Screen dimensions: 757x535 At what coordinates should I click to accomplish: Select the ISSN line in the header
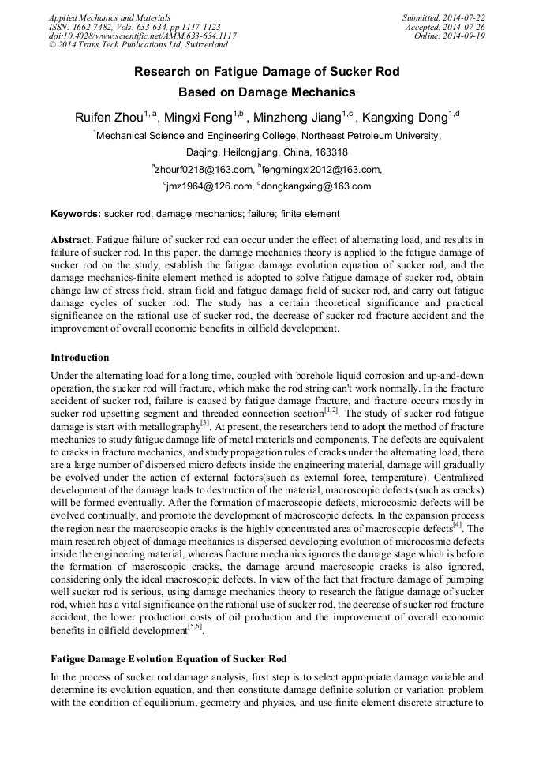click(134, 27)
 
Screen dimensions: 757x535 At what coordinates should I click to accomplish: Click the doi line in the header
click(142, 36)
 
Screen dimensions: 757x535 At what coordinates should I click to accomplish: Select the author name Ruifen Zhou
click(109, 118)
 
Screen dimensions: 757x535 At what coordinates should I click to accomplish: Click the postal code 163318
click(329, 152)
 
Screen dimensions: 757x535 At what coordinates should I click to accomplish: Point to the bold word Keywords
click(76, 214)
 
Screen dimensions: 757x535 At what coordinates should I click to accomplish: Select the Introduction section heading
click(80, 358)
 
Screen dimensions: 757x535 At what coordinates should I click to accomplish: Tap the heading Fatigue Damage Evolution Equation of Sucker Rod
click(169, 658)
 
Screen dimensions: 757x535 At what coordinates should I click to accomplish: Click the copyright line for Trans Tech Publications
click(138, 46)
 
